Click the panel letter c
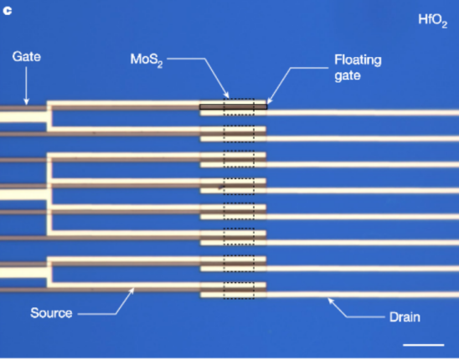click(8, 11)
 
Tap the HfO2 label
click(433, 20)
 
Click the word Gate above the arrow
click(26, 56)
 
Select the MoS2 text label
click(147, 60)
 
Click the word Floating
click(358, 60)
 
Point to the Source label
click(51, 313)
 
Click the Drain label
click(405, 317)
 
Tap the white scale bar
click(424, 345)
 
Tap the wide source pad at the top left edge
click(23, 117)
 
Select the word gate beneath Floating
click(347, 76)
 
